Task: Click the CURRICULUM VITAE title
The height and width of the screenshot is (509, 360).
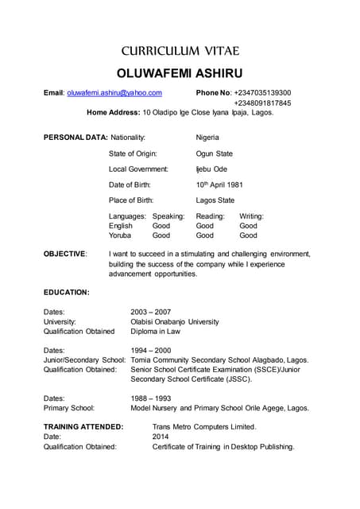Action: coord(179,51)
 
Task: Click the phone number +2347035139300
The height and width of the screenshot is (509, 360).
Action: coord(262,93)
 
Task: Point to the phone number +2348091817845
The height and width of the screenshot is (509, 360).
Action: coord(262,103)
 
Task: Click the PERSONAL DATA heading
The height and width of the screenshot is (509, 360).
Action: coord(75,138)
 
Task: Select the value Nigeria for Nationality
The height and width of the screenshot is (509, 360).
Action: coord(208,138)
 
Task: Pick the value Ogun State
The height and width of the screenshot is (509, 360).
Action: coord(214,153)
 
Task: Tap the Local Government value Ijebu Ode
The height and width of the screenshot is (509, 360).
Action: coord(211,169)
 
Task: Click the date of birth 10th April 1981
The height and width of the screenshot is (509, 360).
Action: coord(219,185)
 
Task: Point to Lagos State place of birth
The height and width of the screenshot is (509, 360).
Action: coord(215,200)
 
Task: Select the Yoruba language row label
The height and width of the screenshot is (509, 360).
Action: coord(120,235)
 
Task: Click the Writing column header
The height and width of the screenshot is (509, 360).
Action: coord(251,216)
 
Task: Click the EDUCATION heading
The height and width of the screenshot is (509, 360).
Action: coord(66,293)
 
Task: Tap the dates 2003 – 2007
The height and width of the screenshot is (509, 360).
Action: coord(150,312)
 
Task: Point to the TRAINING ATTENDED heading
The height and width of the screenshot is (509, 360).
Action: coord(83,427)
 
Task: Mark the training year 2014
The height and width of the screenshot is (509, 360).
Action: coord(161,437)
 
